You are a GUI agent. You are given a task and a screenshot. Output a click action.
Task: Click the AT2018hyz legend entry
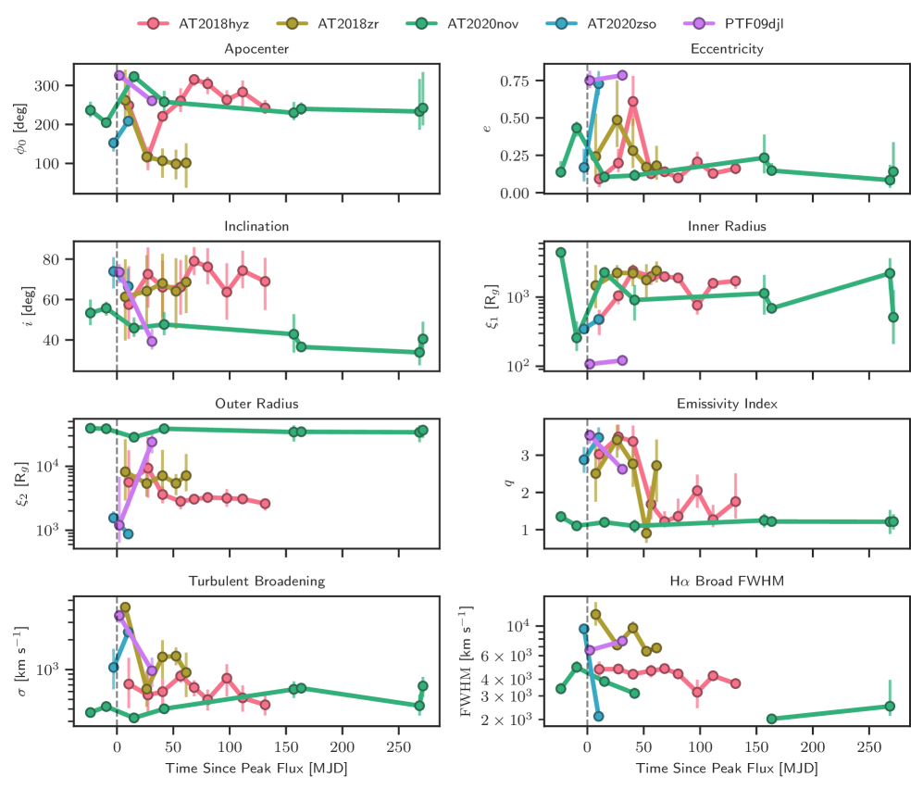[x=212, y=22]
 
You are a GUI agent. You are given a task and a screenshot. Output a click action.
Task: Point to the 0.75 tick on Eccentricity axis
[x=515, y=81]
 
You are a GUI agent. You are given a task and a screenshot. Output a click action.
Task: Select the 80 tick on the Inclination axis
[x=56, y=259]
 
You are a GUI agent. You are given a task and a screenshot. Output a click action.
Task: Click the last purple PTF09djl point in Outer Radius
[x=152, y=442]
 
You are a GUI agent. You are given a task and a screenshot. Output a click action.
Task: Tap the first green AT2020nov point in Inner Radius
[x=560, y=252]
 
